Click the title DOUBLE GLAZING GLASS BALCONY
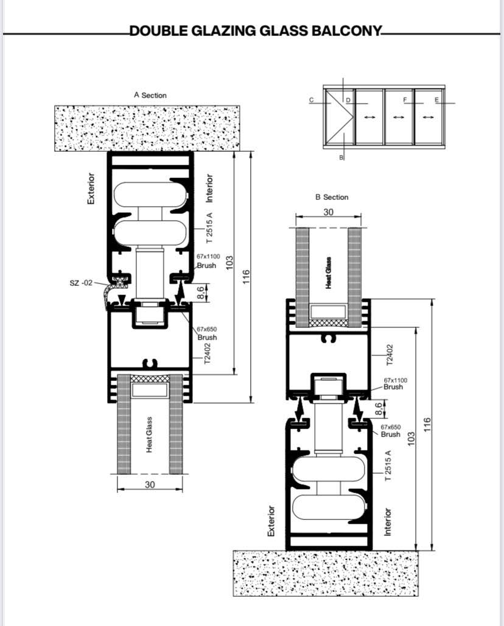click(256, 30)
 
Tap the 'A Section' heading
click(150, 95)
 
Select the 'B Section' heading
click(332, 197)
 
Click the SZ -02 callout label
click(81, 283)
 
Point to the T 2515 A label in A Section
click(209, 228)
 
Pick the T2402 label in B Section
click(390, 355)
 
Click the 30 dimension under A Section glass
click(150, 485)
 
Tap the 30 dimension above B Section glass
click(328, 212)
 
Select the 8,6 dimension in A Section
click(201, 292)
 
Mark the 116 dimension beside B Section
click(427, 424)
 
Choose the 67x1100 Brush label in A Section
click(208, 261)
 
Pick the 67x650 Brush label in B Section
click(391, 431)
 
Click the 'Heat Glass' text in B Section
click(328, 272)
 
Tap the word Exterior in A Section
click(91, 188)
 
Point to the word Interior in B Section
click(387, 522)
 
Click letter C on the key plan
click(312, 100)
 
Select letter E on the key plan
click(436, 100)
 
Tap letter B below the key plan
click(341, 157)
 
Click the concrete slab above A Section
click(147, 128)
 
